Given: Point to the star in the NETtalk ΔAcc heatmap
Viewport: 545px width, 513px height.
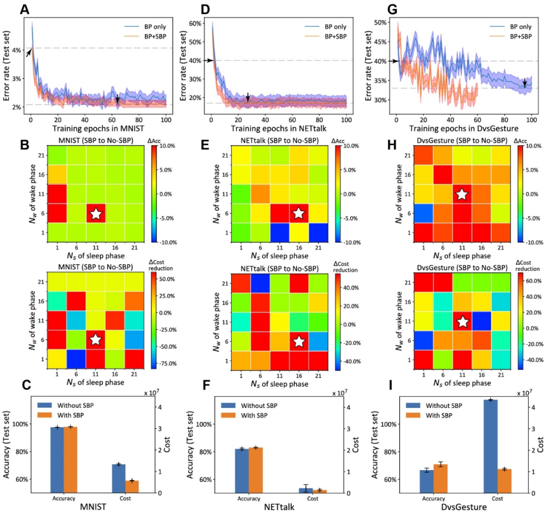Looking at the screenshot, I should pyautogui.click(x=298, y=214).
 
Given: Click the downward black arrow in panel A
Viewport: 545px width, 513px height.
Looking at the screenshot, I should pyautogui.click(x=118, y=99).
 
